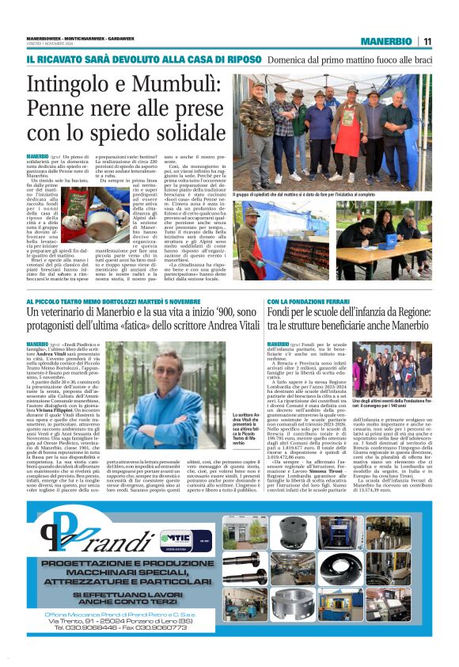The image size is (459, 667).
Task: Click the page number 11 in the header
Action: pyautogui.click(x=427, y=41)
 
